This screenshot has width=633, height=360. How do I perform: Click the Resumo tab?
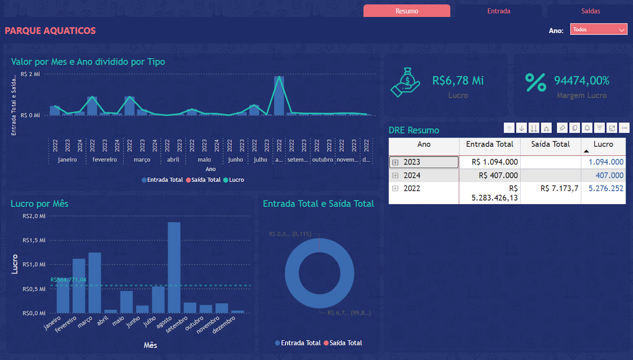407,11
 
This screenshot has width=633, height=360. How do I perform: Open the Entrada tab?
498,11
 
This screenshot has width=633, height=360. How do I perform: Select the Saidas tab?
590,11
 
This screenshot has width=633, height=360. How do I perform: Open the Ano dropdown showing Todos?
598,29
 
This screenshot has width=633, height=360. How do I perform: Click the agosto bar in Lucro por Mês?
174,267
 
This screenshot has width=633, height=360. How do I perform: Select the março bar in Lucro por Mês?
95,282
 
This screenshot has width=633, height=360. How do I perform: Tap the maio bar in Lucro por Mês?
126,302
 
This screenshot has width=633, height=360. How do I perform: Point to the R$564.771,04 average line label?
68,280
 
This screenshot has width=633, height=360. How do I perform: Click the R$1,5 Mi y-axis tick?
34,240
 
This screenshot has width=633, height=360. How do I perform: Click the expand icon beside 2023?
395,162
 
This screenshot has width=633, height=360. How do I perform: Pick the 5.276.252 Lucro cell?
605,189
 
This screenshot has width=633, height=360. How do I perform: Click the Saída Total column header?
550,144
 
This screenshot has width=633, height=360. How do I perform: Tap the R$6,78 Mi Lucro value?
458,81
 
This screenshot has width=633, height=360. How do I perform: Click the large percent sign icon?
536,82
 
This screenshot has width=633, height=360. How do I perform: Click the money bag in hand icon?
406,82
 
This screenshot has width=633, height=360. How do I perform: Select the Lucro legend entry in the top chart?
234,180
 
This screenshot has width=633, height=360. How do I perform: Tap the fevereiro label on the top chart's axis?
104,160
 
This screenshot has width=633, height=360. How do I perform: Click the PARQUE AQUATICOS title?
50,30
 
